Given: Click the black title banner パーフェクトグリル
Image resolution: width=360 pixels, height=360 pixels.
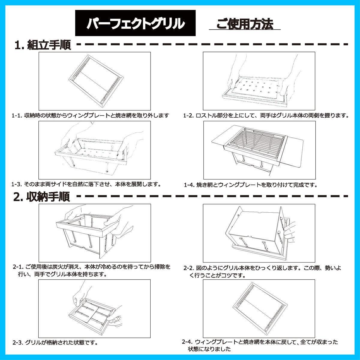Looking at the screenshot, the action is [135, 23].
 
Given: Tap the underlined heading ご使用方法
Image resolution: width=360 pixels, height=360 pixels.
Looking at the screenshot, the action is [244, 24].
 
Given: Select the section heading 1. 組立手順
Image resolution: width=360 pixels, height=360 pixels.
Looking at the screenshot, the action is [43, 45].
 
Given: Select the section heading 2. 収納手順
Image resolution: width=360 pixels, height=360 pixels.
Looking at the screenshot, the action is [42, 196].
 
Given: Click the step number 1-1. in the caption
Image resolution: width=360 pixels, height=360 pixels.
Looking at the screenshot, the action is [17, 115].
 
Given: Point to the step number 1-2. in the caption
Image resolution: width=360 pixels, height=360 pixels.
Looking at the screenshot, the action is [189, 115].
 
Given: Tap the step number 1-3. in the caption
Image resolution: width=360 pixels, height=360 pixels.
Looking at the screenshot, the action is [17, 184].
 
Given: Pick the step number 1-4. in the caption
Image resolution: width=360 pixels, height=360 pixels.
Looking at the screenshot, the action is [189, 185].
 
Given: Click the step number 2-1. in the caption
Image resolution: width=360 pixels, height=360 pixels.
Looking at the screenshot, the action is [18, 267].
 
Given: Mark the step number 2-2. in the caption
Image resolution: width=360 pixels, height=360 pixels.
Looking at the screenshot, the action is [189, 268].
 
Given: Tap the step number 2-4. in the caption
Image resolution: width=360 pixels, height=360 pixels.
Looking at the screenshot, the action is [188, 347].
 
